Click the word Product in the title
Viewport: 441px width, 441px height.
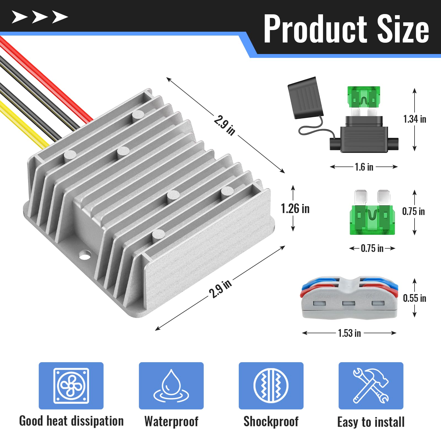pos(315,29)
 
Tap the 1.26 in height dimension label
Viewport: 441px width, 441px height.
pos(295,209)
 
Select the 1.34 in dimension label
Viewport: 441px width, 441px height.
pos(415,119)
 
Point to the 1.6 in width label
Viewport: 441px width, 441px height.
pos(364,167)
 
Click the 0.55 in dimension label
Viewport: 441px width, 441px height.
pos(414,298)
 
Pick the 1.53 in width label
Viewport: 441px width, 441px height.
pos(349,333)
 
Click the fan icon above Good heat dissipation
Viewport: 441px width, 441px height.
pos(71,385)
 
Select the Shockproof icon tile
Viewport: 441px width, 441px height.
pos(271,385)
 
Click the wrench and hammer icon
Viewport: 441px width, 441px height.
pos(371,385)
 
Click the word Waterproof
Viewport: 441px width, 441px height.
pos(171,421)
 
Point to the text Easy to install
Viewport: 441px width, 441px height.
pos(371,422)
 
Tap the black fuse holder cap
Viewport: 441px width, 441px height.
pos(305,98)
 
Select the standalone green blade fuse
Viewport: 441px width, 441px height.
pos(372,218)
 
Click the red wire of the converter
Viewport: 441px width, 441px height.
pos(47,80)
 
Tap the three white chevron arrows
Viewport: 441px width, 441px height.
pos(40,17)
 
